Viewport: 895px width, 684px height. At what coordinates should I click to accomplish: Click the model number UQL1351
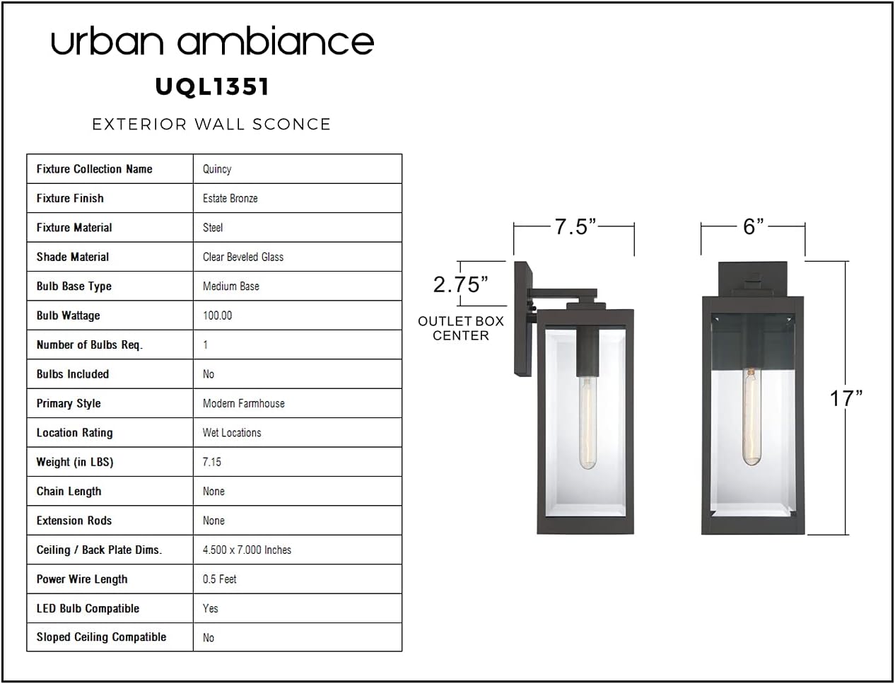(212, 86)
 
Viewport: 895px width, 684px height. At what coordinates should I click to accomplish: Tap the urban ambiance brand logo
(212, 41)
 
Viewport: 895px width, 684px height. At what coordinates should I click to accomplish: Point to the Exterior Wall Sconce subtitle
(211, 124)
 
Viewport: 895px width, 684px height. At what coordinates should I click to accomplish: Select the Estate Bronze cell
(230, 198)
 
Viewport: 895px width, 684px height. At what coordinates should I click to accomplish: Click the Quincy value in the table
(217, 169)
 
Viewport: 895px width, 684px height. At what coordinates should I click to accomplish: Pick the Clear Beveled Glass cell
(243, 257)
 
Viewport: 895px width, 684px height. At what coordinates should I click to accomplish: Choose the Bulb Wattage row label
(68, 315)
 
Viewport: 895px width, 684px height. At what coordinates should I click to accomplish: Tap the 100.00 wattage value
(217, 315)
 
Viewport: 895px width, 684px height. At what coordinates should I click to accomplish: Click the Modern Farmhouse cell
(244, 403)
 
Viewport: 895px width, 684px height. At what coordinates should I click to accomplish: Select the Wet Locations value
(232, 433)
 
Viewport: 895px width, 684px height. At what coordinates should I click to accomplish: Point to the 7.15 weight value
(212, 462)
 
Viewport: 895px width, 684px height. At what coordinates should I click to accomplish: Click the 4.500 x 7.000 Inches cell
(247, 550)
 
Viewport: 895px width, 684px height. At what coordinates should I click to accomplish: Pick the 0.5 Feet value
(219, 579)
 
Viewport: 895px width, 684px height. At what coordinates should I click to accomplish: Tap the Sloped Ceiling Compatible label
(102, 637)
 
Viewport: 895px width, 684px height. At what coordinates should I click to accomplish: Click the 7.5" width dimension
(575, 227)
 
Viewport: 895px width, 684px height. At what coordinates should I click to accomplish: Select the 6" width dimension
(754, 226)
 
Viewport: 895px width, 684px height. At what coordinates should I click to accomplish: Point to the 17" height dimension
(846, 398)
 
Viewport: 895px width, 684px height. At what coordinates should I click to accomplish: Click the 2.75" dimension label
(461, 284)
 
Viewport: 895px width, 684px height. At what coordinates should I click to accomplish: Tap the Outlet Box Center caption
(461, 328)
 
